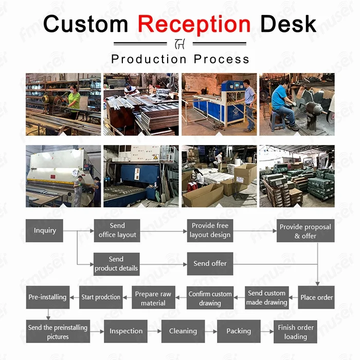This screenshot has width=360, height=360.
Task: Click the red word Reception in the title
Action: pos(194,24)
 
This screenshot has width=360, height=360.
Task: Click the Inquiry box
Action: pos(45,230)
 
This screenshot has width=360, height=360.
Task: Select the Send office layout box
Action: pos(117,230)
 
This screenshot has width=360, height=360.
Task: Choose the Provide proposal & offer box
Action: pos(305,231)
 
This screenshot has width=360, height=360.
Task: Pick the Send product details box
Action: pos(116,264)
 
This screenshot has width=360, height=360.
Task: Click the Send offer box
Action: pos(210,264)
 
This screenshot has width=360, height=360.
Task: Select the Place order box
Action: pos(316,297)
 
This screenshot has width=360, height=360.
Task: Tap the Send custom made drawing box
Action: pos(266,297)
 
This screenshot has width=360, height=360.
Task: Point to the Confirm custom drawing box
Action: pos(210,298)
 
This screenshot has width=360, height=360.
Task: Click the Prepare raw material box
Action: pos(153,298)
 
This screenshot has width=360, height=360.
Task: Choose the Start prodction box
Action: pos(101,297)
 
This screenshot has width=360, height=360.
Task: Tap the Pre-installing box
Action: pos(47,297)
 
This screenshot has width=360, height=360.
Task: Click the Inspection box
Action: pos(126,331)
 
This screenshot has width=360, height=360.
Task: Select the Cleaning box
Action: pos(183,331)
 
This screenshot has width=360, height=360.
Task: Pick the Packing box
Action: pos(239,331)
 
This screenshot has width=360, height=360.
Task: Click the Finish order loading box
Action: pos(295,332)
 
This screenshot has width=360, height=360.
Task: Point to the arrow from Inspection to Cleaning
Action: pos(154,332)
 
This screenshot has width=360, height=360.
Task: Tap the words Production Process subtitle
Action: pos(180,59)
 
